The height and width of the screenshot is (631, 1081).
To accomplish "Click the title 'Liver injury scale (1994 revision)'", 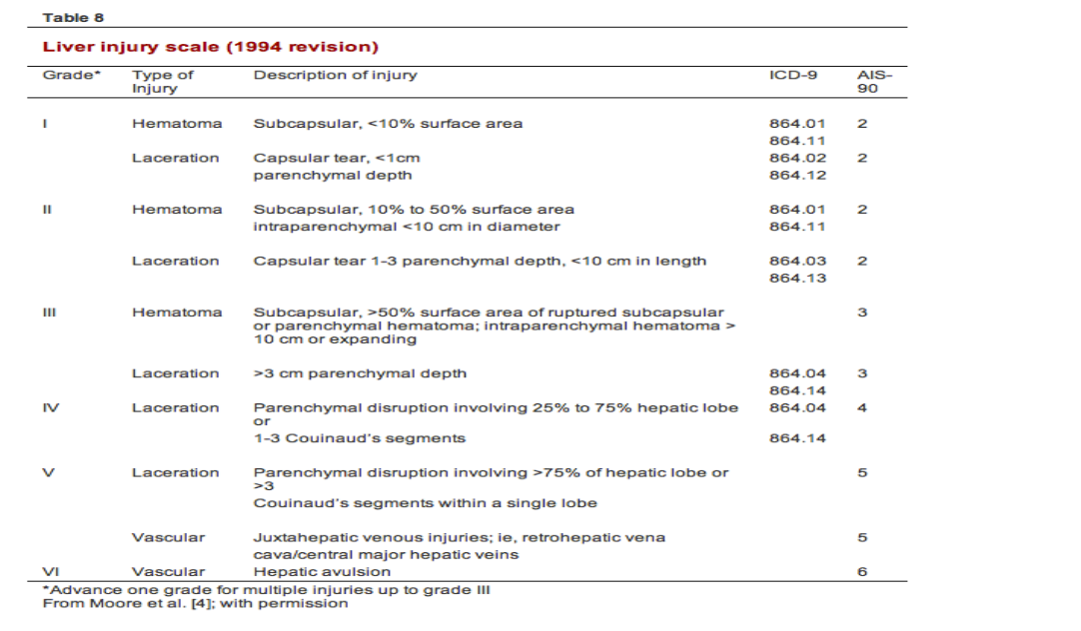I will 210,47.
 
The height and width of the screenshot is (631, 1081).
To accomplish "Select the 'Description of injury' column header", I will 335,75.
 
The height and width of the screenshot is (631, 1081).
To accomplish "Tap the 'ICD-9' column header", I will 787,75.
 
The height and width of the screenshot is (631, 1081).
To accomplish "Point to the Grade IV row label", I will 52,407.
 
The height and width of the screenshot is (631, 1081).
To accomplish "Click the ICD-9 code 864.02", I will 797,158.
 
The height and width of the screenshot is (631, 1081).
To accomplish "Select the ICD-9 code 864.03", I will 797,261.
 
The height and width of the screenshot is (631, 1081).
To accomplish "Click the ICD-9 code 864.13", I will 797,278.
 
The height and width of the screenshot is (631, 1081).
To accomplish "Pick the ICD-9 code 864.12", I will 797,175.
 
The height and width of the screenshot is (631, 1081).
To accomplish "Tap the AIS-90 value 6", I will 862,572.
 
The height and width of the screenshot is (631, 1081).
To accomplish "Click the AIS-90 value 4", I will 862,407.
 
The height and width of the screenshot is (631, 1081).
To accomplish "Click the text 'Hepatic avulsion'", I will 322,572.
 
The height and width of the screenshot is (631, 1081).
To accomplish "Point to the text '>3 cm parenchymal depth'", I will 360,373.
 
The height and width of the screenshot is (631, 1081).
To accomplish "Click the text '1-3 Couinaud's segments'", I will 359,438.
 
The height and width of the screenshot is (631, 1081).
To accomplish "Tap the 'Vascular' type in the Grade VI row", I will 168,572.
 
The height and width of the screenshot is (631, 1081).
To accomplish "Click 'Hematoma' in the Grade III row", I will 177,313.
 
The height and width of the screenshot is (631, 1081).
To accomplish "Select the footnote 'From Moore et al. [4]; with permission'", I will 195,603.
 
